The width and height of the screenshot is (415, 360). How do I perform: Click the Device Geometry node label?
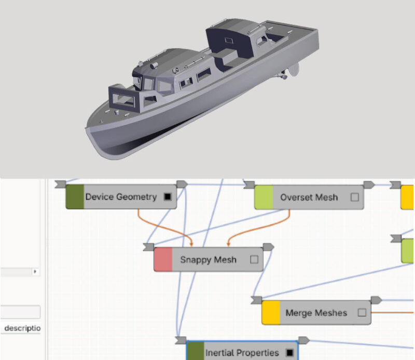coord(121,197)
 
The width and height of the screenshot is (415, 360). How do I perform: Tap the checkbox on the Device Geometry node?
coord(167,197)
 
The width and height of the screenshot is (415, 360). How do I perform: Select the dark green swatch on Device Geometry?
coord(75,197)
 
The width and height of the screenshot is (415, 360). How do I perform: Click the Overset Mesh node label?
coord(309,198)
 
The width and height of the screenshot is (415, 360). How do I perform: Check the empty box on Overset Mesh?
coord(355,198)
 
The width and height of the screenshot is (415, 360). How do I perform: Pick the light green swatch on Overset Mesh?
coord(264,198)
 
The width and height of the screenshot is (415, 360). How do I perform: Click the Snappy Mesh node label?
coord(208,260)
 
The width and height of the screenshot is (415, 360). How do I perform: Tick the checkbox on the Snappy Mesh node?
coord(254,260)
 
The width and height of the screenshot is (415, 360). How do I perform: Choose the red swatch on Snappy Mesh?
coord(163,260)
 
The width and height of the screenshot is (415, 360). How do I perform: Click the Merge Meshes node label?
coord(316,313)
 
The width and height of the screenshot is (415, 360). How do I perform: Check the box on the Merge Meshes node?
coord(362,313)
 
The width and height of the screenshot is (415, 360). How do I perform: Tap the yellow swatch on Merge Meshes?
coord(271,313)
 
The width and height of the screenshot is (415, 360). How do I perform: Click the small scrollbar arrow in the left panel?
coord(35,271)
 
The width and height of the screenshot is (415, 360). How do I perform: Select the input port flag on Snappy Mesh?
coord(149,246)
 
